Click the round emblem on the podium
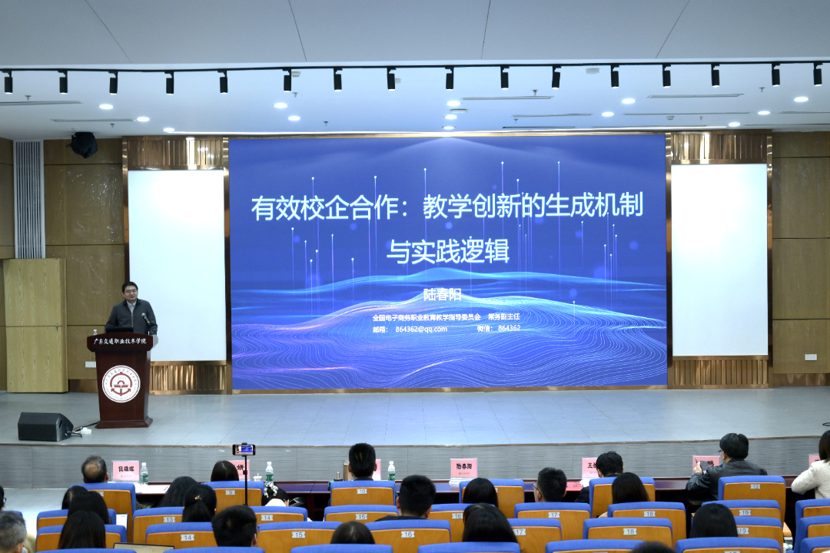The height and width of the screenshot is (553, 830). pyautogui.click(x=121, y=384)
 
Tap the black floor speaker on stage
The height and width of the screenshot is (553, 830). pyautogui.click(x=45, y=426)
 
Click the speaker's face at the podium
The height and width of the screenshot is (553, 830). pyautogui.click(x=130, y=293)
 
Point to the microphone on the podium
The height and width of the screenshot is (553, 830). pyautogui.click(x=144, y=316)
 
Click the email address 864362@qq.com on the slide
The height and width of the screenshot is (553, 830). pyautogui.click(x=421, y=328)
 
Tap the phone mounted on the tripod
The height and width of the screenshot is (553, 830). pyautogui.click(x=244, y=449)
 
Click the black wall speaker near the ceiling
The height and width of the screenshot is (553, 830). pyautogui.click(x=83, y=144)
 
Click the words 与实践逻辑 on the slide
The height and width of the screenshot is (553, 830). pyautogui.click(x=448, y=251)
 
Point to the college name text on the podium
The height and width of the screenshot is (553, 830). pyautogui.click(x=121, y=340)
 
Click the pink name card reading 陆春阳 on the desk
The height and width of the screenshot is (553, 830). pyautogui.click(x=463, y=467)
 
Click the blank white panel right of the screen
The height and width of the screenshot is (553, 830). pyautogui.click(x=719, y=260)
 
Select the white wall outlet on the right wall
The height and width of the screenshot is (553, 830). pyautogui.click(x=810, y=356)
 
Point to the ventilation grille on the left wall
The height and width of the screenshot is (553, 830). pyautogui.click(x=29, y=200)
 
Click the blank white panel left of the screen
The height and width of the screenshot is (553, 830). pyautogui.click(x=177, y=265)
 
